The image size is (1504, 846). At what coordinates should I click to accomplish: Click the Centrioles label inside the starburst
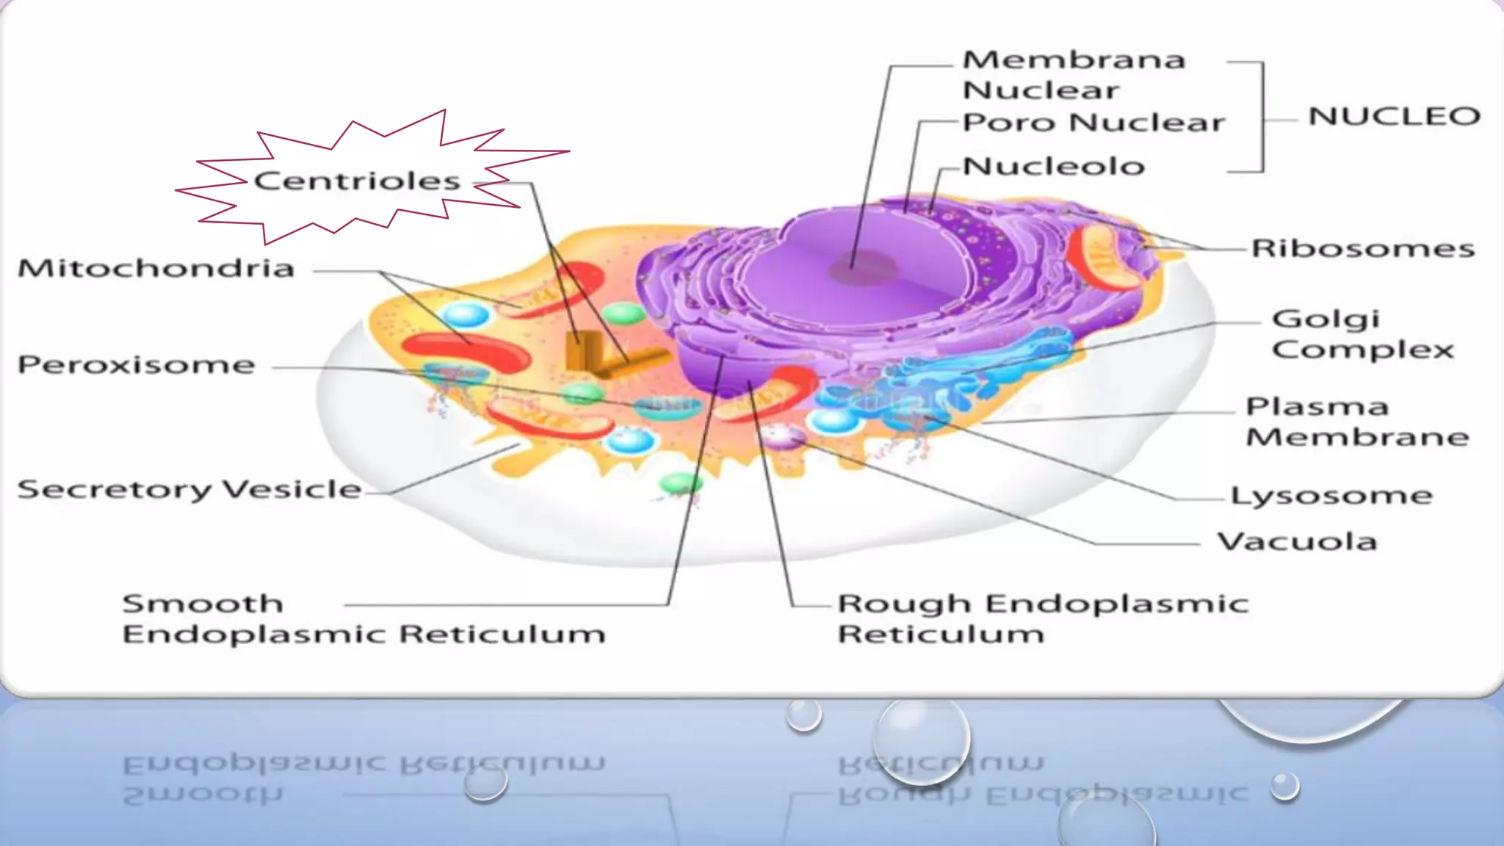click(357, 181)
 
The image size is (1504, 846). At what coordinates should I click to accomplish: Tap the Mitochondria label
click(156, 269)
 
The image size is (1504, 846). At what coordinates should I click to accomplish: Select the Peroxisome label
click(137, 365)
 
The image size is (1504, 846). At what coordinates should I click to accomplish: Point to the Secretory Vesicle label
click(189, 490)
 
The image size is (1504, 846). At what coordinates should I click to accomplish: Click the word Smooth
click(203, 604)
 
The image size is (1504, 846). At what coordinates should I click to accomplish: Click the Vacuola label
click(1297, 542)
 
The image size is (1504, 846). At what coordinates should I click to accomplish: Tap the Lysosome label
click(1331, 496)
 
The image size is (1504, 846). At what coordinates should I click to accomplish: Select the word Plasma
click(1317, 407)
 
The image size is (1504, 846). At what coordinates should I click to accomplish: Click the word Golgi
click(1326, 319)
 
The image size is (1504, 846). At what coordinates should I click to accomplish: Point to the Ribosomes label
click(1363, 249)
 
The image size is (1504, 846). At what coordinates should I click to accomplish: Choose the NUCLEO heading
click(1394, 116)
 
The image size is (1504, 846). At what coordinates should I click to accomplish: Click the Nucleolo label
click(1054, 167)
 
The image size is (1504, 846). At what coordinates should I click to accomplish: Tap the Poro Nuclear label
click(1093, 123)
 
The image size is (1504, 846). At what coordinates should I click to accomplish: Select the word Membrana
click(1074, 59)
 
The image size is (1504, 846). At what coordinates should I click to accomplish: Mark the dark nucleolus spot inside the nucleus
click(863, 269)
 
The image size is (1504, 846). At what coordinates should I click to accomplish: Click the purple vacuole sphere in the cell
click(783, 436)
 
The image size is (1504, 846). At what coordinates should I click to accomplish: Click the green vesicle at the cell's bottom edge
click(681, 483)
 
